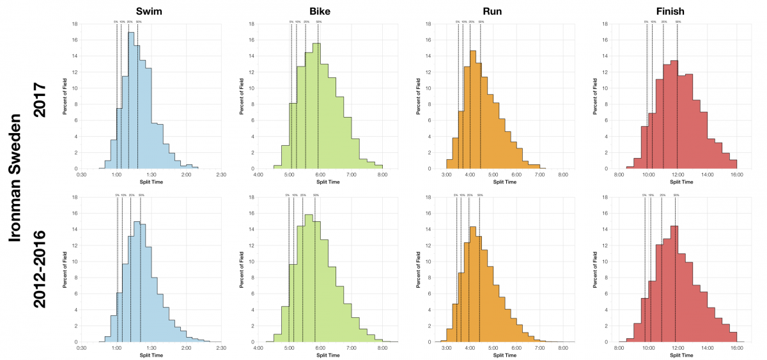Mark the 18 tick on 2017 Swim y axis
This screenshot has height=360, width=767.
75,24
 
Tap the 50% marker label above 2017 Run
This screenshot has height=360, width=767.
481,22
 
